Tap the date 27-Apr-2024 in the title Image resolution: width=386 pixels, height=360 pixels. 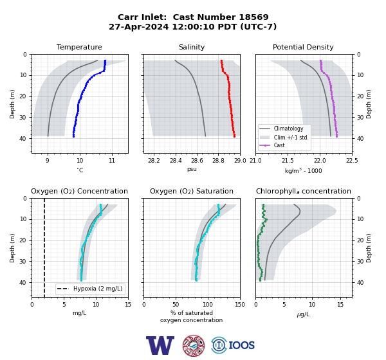tap(139, 26)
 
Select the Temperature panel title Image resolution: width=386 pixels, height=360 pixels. tap(79, 47)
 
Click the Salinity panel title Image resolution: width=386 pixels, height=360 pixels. tap(192, 47)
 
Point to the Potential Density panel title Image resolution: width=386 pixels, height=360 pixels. tap(303, 47)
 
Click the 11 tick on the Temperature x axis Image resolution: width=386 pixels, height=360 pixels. tap(112, 161)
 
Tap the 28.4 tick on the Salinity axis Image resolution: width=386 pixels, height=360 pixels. tap(176, 161)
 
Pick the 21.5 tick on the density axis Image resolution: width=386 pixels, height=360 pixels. tap(288, 161)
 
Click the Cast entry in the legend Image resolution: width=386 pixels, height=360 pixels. tap(279, 145)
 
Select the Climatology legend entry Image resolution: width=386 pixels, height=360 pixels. tap(288, 129)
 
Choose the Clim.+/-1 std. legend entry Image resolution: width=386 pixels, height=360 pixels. tap(291, 138)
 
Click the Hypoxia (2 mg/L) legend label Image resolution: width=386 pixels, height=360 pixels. tap(98, 289)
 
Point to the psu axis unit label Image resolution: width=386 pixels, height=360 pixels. tap(192, 169)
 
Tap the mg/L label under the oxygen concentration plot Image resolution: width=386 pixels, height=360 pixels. tap(79, 313)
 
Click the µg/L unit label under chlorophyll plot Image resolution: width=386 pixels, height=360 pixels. tap(303, 314)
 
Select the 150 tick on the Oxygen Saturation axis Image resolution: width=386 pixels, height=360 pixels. tap(240, 305)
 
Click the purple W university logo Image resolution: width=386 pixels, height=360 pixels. tap(160, 345)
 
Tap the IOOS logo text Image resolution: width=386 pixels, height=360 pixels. tap(241, 345)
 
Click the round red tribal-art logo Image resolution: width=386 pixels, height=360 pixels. tap(194, 345)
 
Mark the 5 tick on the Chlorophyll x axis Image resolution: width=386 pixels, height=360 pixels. tap(284, 305)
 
